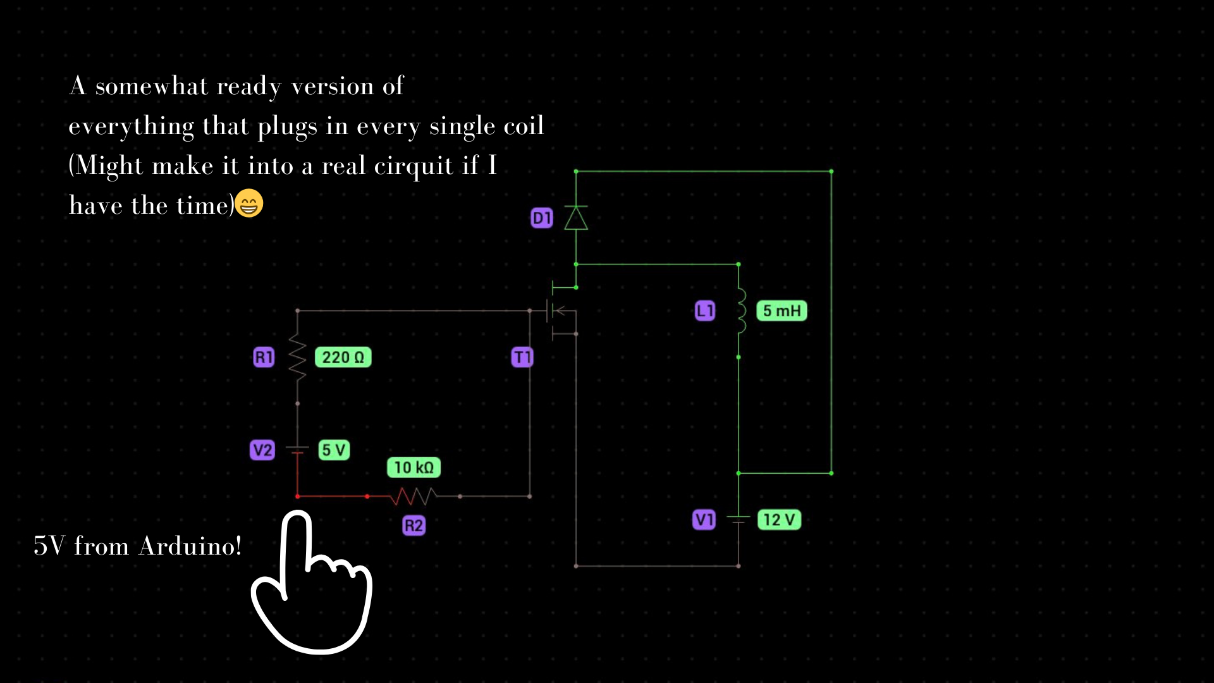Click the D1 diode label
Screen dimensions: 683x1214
pyautogui.click(x=542, y=218)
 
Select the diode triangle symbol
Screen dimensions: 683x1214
pyautogui.click(x=576, y=218)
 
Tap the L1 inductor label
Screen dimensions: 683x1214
pyautogui.click(x=705, y=311)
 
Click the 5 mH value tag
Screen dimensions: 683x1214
pyautogui.click(x=782, y=311)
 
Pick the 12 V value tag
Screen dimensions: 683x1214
pyautogui.click(x=779, y=520)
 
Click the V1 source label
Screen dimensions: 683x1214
pyautogui.click(x=704, y=520)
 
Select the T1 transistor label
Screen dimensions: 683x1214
pyautogui.click(x=522, y=357)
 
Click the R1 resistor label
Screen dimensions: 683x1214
pyautogui.click(x=264, y=357)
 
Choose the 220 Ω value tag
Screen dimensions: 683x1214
pyautogui.click(x=343, y=357)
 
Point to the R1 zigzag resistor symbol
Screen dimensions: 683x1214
pyautogui.click(x=298, y=357)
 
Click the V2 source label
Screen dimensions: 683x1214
pyautogui.click(x=262, y=450)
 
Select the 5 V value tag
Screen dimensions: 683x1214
pyautogui.click(x=334, y=450)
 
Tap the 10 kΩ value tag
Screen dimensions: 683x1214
pyautogui.click(x=414, y=467)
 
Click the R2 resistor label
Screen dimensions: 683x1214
pyautogui.click(x=414, y=526)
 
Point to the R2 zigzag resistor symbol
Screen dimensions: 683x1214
pyautogui.click(x=413, y=497)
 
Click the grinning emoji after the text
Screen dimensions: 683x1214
pyautogui.click(x=249, y=204)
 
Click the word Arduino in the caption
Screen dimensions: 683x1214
pyautogui.click(x=190, y=546)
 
